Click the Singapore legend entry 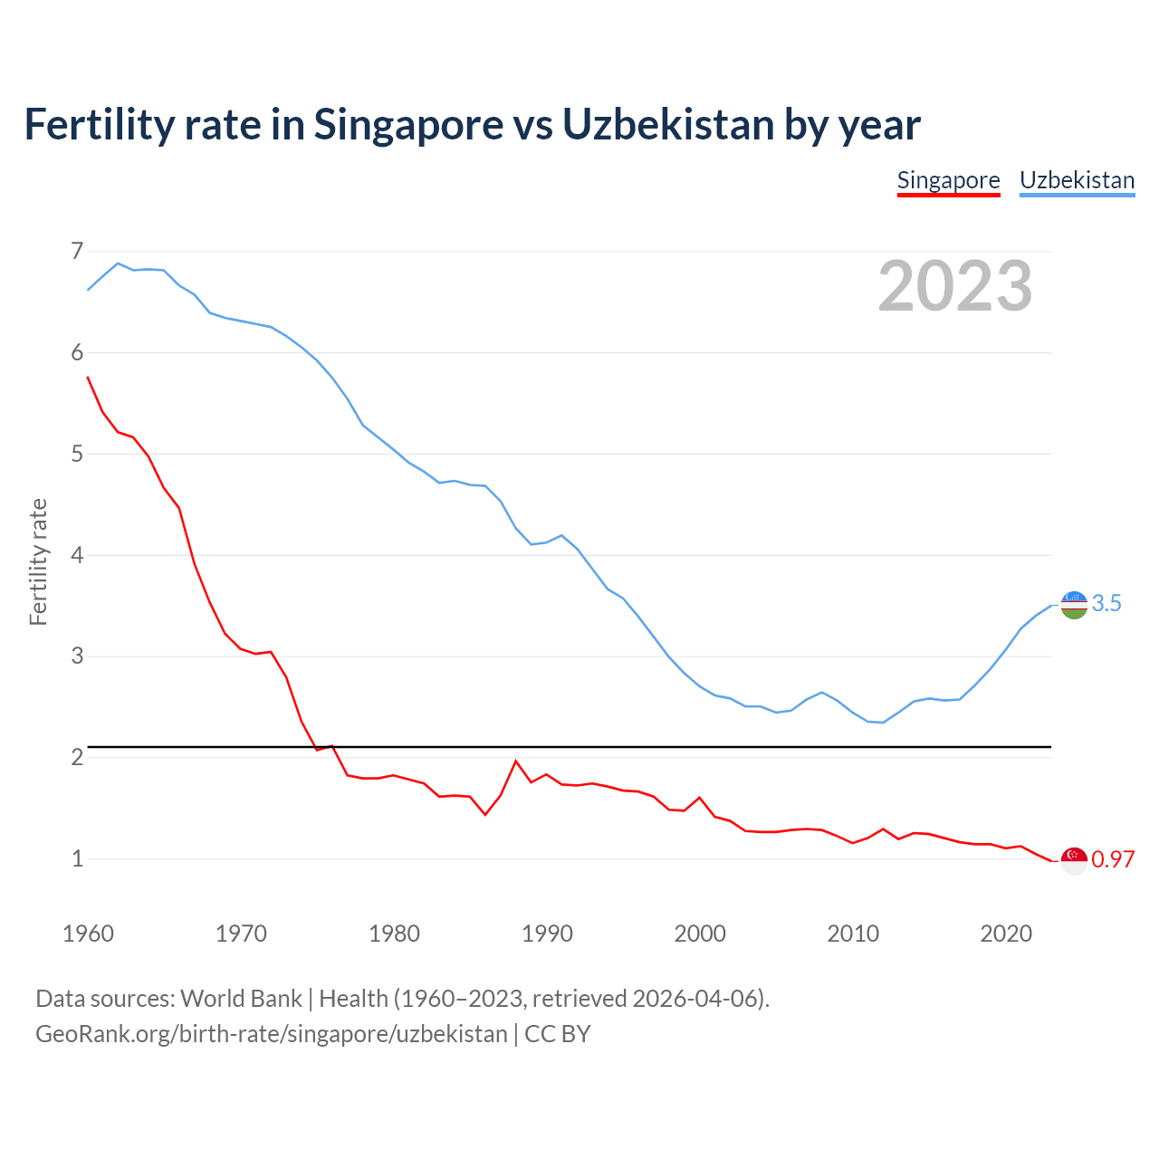click(x=948, y=180)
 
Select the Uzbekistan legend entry click(x=1077, y=180)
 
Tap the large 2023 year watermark click(x=955, y=286)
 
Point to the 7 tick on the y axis click(x=76, y=251)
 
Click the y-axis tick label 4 click(x=76, y=555)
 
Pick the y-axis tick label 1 click(x=76, y=858)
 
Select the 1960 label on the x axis click(x=88, y=934)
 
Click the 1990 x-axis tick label click(x=547, y=934)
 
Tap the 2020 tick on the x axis click(x=1006, y=934)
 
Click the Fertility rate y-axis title click(x=38, y=561)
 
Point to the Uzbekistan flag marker click(x=1074, y=604)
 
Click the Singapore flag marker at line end click(x=1074, y=860)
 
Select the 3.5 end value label click(x=1106, y=604)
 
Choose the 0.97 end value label click(x=1113, y=860)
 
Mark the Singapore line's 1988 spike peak click(x=516, y=761)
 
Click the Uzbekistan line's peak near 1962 click(x=118, y=263)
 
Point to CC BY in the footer click(x=558, y=1034)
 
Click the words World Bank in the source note click(x=241, y=999)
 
